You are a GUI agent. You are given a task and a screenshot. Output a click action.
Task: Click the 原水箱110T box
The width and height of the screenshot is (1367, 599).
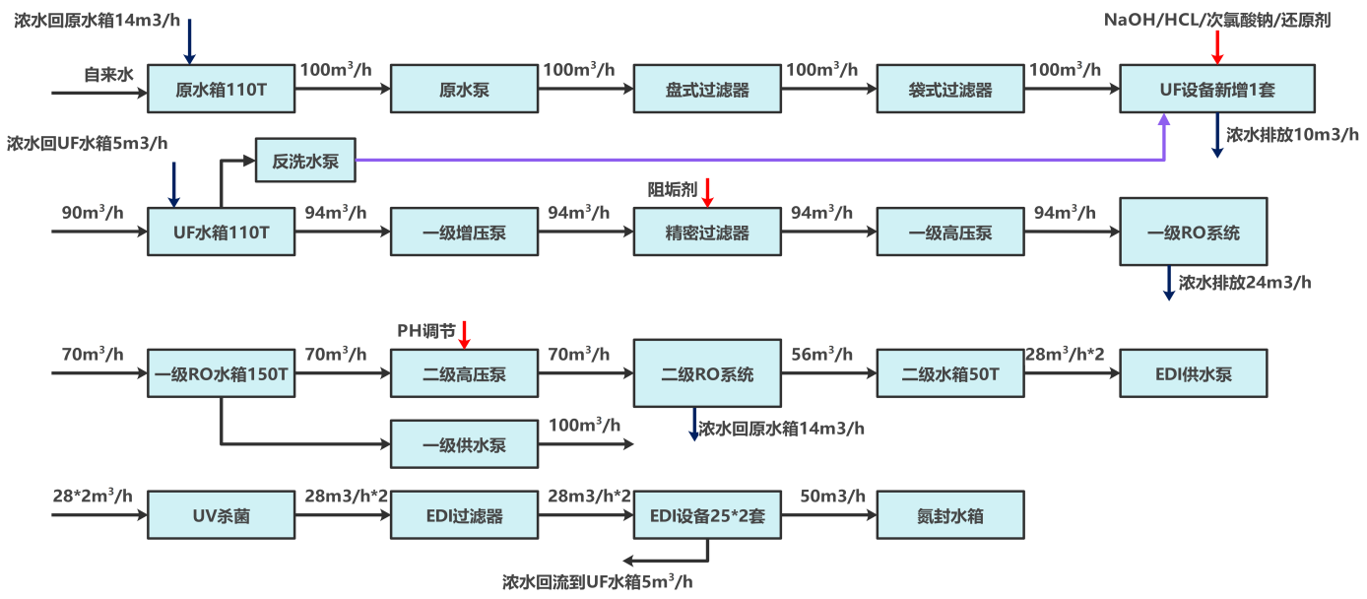[x=221, y=90]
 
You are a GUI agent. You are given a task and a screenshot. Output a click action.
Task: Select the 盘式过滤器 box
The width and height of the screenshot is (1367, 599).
[x=707, y=90]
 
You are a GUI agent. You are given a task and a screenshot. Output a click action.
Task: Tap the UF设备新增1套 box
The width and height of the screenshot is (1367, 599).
[x=1217, y=90]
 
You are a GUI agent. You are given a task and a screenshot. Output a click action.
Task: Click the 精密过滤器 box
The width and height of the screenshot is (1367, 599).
[x=707, y=233]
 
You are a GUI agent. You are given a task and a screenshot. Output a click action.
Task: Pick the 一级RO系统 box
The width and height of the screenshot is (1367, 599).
[x=1194, y=233]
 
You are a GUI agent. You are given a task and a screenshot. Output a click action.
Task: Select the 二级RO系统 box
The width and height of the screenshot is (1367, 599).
[x=707, y=374]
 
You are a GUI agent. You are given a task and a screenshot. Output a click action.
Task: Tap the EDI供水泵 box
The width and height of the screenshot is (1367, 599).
[x=1194, y=374]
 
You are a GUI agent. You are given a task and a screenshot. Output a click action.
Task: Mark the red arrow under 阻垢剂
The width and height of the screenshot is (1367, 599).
[x=707, y=192]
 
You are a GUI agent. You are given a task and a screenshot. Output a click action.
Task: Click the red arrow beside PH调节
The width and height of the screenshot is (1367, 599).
[x=465, y=334]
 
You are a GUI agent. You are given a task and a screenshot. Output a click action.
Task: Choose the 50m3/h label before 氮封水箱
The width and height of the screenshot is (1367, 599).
[x=832, y=496]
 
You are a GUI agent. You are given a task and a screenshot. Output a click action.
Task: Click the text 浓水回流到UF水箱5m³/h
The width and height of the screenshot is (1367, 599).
[x=604, y=581]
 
